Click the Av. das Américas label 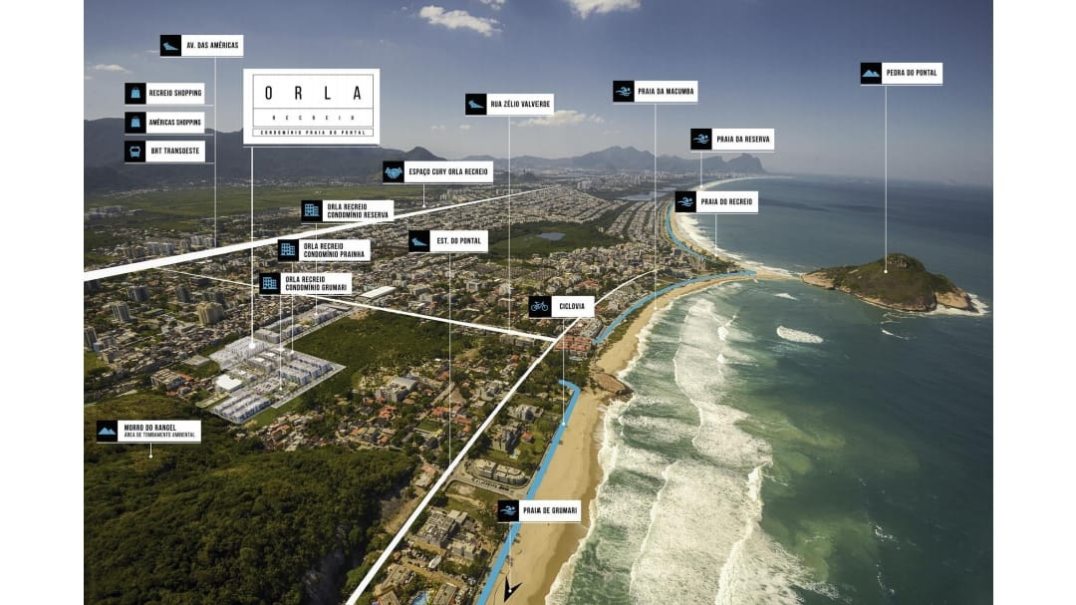pos(201,46)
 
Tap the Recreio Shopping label pos(164,94)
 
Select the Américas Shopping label pos(164,123)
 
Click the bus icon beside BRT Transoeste pos(134,151)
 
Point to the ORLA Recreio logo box pos(311,106)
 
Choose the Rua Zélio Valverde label pos(509,105)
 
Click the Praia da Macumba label pos(655,92)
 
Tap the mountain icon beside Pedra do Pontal pos(871,74)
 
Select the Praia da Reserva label pos(732,140)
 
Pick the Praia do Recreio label pos(716,202)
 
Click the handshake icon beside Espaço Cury pos(394,172)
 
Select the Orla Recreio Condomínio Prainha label pos(323,250)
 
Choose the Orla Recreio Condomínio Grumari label pos(305,284)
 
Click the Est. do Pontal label pos(447,241)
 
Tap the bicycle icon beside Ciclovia pos(539,307)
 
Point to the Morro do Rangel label pos(148,432)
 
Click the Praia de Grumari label pos(539,511)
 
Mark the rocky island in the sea pos(891,281)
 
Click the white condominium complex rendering pos(269,374)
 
